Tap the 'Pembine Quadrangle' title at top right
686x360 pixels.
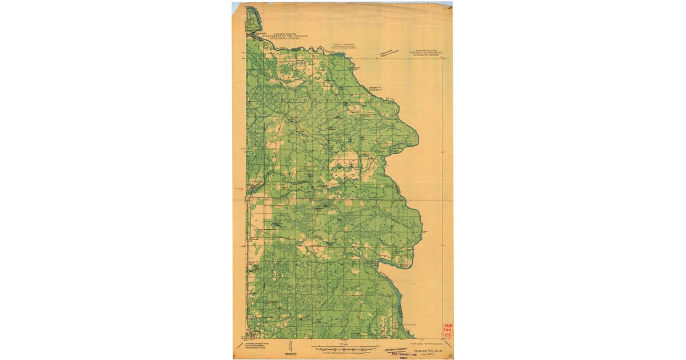(425, 53)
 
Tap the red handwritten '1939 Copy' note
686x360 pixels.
(446, 330)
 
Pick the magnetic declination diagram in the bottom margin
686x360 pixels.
(290, 346)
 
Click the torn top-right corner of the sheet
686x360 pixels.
(449, 4)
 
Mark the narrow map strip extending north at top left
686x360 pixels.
(252, 20)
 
